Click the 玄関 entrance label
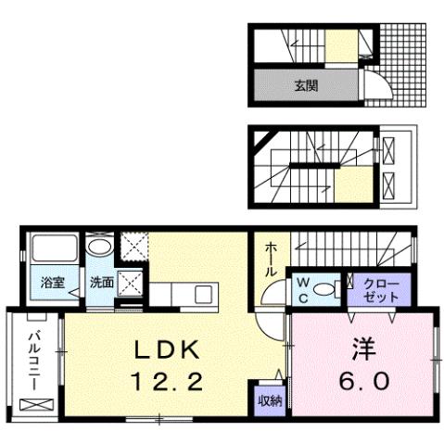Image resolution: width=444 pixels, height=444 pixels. tap(306, 86)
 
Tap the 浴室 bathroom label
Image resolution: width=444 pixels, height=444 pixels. tap(52, 283)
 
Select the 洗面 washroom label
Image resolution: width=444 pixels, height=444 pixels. tap(102, 283)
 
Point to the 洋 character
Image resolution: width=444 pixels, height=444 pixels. tap(362, 349)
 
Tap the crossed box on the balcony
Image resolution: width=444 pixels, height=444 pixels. tap(36, 405)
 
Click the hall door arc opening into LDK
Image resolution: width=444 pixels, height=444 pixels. tap(271, 324)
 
